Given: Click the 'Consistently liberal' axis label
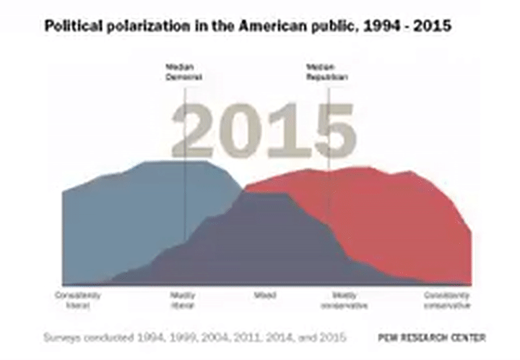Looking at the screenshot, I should (x=77, y=300).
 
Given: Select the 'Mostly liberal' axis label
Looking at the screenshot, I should (x=182, y=300).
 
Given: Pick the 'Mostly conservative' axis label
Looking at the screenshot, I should (x=346, y=300).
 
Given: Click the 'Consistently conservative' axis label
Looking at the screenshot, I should (x=447, y=300).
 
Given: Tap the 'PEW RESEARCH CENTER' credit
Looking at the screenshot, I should (x=432, y=338).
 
